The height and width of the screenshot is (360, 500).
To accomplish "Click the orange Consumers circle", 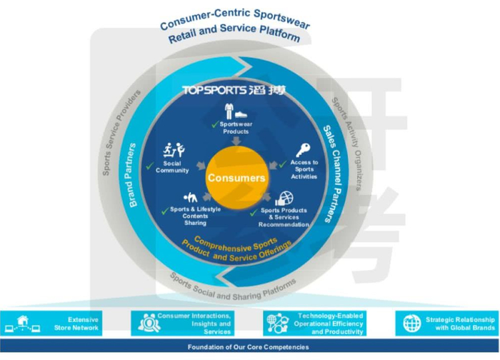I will tap(236, 177).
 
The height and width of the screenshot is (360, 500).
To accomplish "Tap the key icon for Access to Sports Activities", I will tap(302, 151).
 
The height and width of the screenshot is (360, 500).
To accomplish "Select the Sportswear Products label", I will tap(235, 128).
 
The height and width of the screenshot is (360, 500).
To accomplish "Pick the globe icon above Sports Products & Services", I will tap(284, 199).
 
